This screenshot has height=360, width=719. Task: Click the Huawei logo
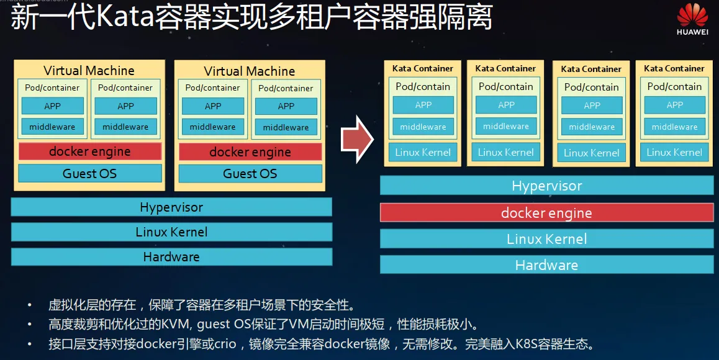point(692,19)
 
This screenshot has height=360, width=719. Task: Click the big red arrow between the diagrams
point(357,140)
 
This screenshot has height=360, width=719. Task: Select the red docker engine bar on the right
point(546,213)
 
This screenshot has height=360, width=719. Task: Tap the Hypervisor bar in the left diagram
point(171,207)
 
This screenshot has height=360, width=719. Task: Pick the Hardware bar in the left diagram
point(171,257)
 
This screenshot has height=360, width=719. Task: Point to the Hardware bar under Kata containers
point(546,265)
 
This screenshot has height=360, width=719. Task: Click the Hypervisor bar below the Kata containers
point(546,186)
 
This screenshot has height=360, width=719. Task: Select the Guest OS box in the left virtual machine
point(90,174)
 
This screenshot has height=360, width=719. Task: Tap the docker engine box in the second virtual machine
point(250,152)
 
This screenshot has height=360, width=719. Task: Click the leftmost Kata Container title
point(423,68)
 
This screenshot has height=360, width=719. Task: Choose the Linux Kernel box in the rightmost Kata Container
point(674,152)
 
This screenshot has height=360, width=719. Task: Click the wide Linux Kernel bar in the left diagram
point(171,232)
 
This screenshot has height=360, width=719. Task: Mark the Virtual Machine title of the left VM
point(89,71)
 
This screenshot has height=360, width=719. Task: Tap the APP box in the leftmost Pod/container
point(52,106)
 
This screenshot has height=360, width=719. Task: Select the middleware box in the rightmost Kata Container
point(674,127)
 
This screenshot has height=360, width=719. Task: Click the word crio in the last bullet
point(225,343)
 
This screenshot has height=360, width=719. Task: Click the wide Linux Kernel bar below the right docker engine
point(546,239)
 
